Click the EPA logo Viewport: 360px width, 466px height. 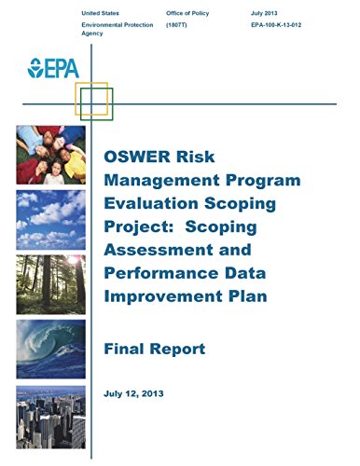point(53,68)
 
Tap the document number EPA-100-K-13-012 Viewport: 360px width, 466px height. point(276,25)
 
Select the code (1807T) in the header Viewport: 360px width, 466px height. point(176,25)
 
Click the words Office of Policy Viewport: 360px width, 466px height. point(187,13)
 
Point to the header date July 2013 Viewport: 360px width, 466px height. point(264,13)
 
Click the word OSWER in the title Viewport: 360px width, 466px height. point(138,157)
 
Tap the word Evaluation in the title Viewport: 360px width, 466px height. point(151,203)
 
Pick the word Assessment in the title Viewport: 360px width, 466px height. point(159,250)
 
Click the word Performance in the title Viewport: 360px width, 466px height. point(161,273)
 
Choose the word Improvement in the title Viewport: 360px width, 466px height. point(164,296)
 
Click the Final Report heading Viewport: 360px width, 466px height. point(155,349)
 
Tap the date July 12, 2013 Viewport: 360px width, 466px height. point(133,393)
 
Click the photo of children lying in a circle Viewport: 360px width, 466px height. point(51,155)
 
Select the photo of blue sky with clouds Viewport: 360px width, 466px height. point(51,220)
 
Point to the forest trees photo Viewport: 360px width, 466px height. point(51,284)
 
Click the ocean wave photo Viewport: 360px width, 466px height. point(51,349)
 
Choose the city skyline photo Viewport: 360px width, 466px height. point(51,418)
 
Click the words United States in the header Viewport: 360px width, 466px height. point(100,13)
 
